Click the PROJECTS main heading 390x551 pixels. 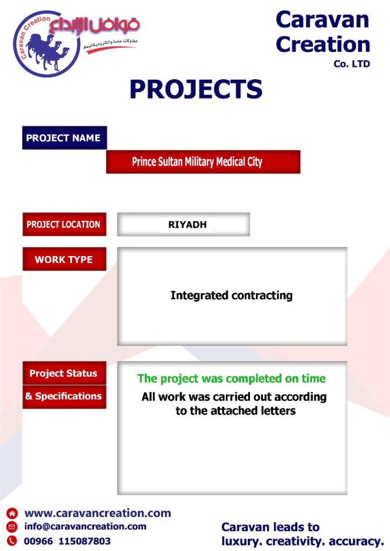196,89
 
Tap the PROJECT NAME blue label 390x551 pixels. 64,138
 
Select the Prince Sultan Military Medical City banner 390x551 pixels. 203,162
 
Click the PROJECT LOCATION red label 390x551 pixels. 64,224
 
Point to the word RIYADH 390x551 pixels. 187,224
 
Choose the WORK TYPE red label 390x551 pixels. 64,259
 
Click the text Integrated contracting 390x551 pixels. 232,295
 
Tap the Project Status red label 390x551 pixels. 64,373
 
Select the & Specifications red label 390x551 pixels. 64,397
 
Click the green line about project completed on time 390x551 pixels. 232,378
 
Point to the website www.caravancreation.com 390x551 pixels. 97,513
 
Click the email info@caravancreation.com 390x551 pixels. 85,526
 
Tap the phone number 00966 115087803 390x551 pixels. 67,541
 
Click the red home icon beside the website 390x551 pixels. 12,513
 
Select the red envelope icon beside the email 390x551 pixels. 12,527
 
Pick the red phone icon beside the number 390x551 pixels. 12,540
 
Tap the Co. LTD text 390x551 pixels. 352,64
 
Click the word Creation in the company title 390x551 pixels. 323,45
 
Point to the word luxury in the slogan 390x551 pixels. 242,541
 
